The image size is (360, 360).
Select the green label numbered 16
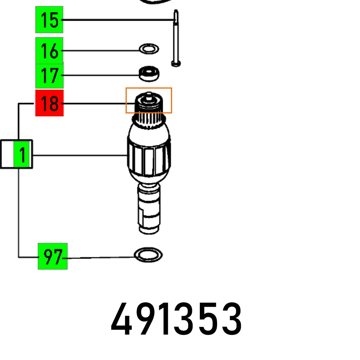[x=49, y=51]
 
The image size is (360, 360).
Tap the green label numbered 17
[x=49, y=76]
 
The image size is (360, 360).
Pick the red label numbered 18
[x=49, y=103]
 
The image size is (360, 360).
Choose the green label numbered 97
[x=53, y=257]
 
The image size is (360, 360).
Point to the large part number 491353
[x=176, y=319]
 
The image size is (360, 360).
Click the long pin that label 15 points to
[x=175, y=36]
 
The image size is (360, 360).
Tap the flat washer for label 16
[x=149, y=49]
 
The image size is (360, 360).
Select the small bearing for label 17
[x=149, y=73]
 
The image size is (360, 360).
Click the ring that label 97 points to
[x=148, y=255]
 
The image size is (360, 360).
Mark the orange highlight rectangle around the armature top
[x=149, y=100]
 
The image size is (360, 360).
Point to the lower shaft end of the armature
[x=148, y=212]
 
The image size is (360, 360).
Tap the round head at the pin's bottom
[x=176, y=64]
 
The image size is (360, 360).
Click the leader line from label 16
[x=101, y=51]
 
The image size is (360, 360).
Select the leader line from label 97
[x=101, y=258]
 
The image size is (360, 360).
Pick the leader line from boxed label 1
[x=79, y=156]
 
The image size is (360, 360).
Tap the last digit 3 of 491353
[x=231, y=319]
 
